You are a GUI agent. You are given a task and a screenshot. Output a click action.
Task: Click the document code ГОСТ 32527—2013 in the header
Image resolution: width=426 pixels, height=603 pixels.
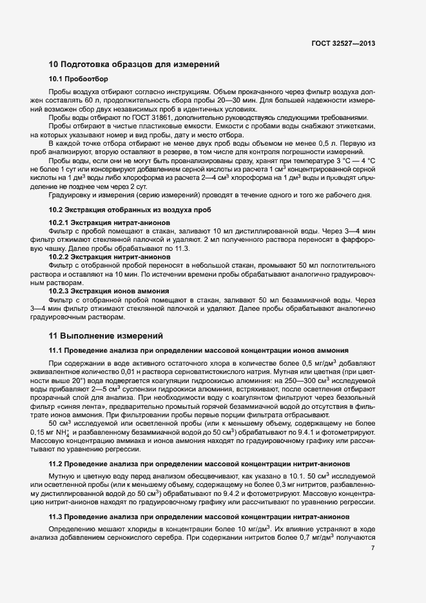[343, 43]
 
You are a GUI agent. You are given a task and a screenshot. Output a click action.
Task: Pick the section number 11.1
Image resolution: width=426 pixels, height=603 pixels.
[57, 350]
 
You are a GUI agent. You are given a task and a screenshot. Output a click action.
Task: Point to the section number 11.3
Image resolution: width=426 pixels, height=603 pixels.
[57, 517]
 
